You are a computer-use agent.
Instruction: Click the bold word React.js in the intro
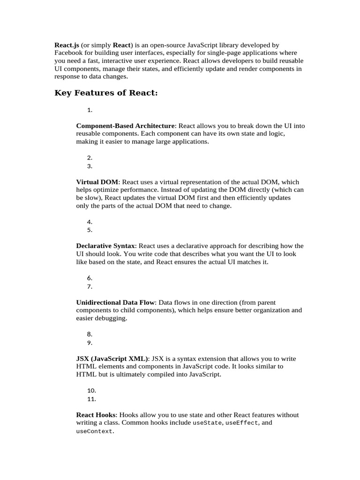click(67, 45)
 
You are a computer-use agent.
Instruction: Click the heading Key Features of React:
click(106, 93)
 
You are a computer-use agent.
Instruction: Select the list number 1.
click(90, 110)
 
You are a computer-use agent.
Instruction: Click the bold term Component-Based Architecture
click(125, 126)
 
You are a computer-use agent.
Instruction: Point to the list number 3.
click(90, 166)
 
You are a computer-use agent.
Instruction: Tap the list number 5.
click(90, 230)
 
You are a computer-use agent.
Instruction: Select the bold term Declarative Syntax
click(106, 246)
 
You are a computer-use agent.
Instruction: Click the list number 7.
click(90, 286)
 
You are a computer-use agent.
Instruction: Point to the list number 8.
click(90, 334)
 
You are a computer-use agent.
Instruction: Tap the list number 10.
click(91, 390)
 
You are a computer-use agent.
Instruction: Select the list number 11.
click(91, 399)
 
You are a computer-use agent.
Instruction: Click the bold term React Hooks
click(97, 415)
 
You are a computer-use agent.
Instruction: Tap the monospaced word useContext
click(94, 431)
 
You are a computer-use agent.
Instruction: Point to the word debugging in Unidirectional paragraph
click(109, 318)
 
